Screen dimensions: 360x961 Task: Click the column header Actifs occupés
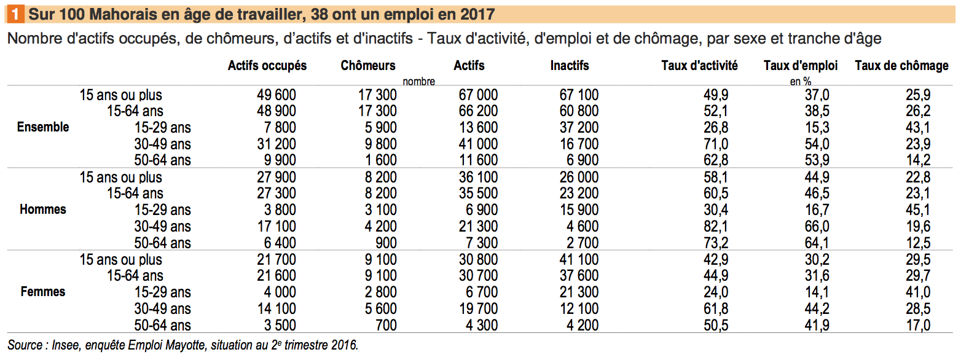267,66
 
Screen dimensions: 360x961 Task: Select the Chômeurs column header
368,66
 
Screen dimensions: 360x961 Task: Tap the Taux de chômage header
901,66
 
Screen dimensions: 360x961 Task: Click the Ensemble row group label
43,127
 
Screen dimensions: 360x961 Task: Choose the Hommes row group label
43,209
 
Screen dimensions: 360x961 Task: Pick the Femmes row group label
43,291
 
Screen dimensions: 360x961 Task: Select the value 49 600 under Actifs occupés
276,95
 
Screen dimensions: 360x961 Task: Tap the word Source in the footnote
23,345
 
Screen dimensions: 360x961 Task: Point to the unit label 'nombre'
418,81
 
